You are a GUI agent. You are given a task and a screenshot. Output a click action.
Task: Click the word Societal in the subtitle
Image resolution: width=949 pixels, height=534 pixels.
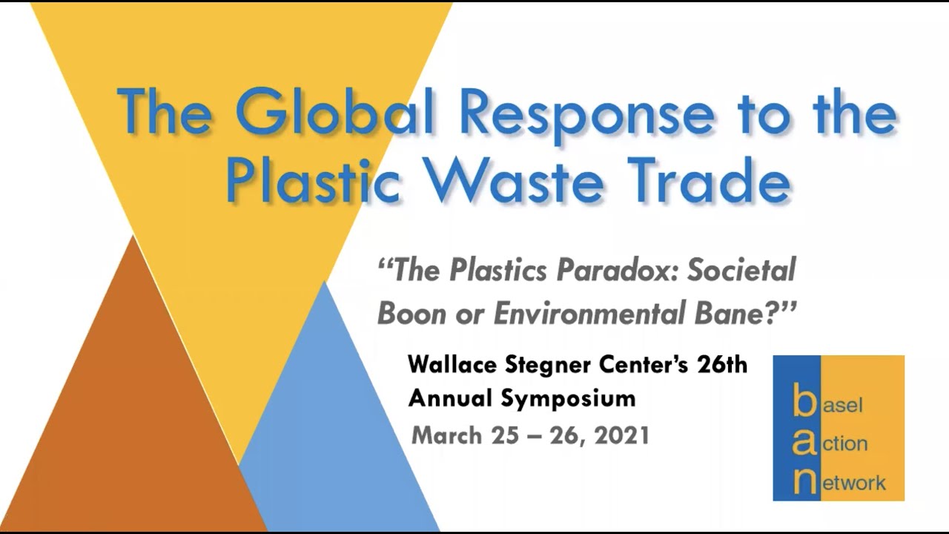pyautogui.click(x=741, y=271)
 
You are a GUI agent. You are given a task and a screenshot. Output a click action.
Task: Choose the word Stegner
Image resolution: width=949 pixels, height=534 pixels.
pyautogui.click(x=556, y=366)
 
